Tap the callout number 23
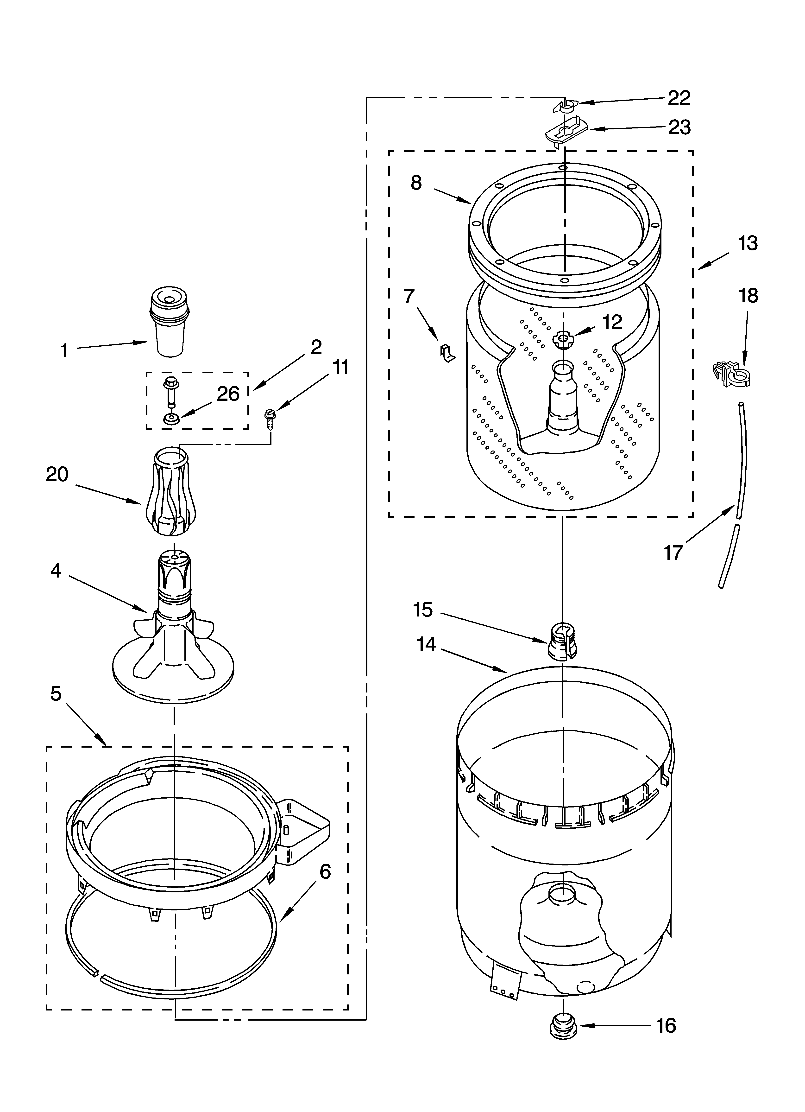pos(679,127)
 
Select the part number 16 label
pos(666,1063)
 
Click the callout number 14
pos(426,644)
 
